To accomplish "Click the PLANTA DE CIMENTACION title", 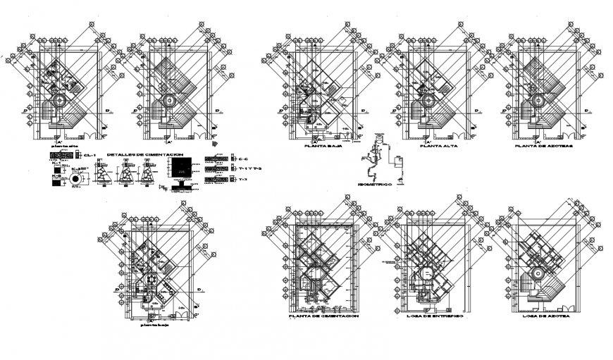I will (323, 317).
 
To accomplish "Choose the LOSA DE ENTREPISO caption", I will (434, 317).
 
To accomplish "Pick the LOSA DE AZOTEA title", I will (547, 317).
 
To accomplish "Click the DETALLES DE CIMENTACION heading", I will (145, 154).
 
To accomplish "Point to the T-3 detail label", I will (243, 180).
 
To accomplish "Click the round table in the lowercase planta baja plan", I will (150, 280).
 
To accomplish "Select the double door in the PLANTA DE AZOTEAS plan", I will (558, 133).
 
